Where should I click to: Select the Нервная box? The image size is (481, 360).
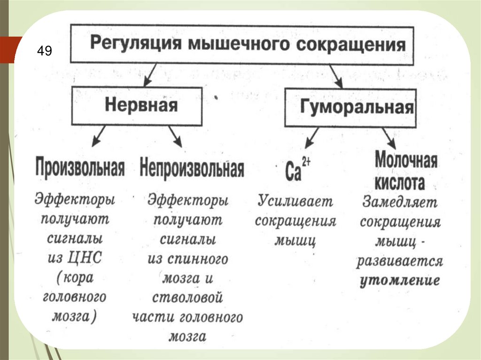point(141,105)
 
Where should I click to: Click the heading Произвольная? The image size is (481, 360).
point(80,168)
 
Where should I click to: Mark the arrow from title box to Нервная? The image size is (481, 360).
point(153,75)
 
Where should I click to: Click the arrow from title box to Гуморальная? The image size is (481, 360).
point(335,75)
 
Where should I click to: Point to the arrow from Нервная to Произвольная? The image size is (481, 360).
point(98,137)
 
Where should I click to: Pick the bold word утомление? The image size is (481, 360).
point(400,281)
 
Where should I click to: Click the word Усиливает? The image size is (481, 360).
point(295,202)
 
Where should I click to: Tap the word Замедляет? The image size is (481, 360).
point(400,203)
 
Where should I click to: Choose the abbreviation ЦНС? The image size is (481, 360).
point(86,258)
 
